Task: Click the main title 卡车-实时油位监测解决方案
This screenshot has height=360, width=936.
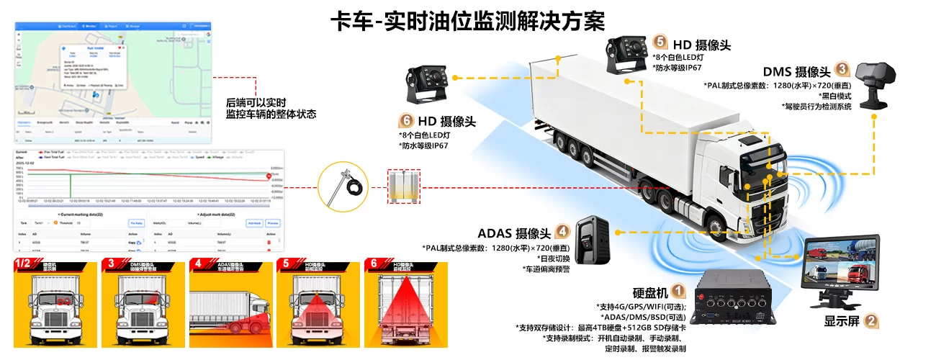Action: pyautogui.click(x=467, y=19)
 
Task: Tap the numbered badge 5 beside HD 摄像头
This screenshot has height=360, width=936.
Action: pyautogui.click(x=660, y=42)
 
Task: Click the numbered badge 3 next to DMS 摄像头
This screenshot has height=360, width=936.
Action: pyautogui.click(x=843, y=70)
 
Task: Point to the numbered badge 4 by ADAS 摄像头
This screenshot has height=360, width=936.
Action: pyautogui.click(x=563, y=232)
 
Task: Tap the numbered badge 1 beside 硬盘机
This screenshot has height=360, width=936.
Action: pyautogui.click(x=678, y=291)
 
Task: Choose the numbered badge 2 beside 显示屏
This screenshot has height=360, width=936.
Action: pyautogui.click(x=871, y=322)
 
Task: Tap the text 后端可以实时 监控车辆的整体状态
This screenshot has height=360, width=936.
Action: pyautogui.click(x=271, y=109)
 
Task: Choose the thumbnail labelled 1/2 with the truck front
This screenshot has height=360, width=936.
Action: pyautogui.click(x=55, y=305)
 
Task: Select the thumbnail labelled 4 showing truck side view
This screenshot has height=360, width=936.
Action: pyautogui.click(x=230, y=305)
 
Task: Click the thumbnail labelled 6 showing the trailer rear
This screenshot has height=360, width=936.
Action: pyautogui.click(x=405, y=305)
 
